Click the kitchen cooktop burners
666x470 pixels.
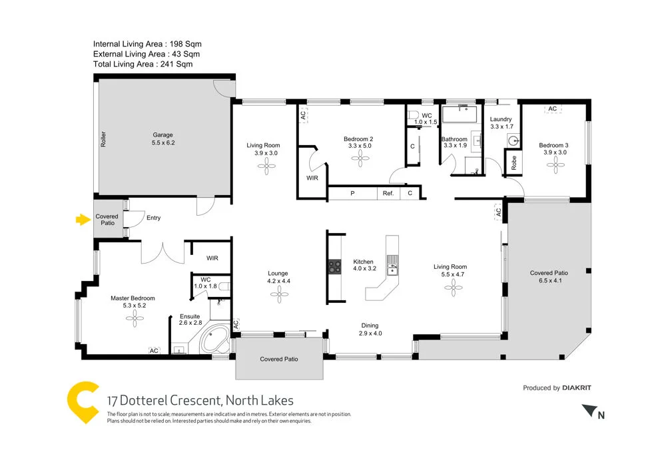click(x=334, y=268)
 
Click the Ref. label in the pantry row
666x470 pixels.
click(x=388, y=194)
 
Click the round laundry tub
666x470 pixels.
click(x=512, y=141)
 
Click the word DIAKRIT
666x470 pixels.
click(x=577, y=387)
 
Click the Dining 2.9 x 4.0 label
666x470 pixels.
click(x=370, y=330)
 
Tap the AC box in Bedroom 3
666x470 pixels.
click(x=552, y=109)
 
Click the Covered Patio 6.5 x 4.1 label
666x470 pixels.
click(x=548, y=277)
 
